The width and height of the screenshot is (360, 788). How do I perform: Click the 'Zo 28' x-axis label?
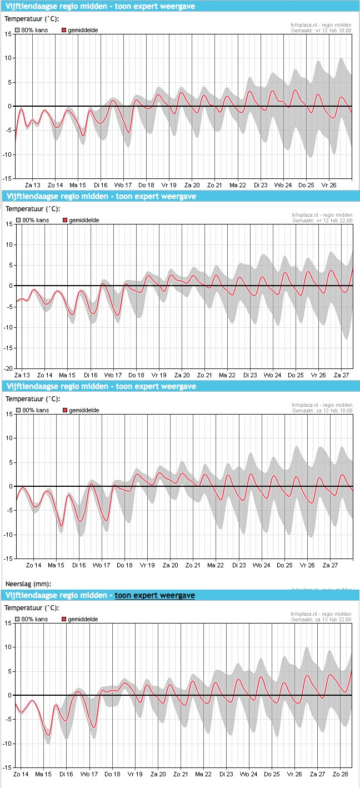point(341,774)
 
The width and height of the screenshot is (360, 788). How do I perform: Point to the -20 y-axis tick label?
point(8,368)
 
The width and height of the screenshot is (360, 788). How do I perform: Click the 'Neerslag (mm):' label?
point(28,583)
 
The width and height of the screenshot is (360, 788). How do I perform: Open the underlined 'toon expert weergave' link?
point(154,595)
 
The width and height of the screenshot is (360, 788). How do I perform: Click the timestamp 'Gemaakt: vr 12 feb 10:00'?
point(321,31)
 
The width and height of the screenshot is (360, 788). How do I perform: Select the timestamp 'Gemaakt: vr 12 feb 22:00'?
point(322,221)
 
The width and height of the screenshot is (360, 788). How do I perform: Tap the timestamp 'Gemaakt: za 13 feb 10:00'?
point(322,411)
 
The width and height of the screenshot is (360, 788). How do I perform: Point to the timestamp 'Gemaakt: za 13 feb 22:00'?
point(321,620)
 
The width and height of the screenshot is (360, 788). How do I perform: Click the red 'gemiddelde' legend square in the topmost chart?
point(64,30)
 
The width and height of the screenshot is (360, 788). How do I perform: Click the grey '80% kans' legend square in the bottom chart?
point(17,619)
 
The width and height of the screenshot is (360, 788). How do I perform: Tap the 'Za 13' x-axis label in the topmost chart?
point(33,185)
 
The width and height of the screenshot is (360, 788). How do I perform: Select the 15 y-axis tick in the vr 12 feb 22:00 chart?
point(9,224)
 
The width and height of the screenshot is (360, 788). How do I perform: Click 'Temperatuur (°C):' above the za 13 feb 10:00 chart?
point(33,399)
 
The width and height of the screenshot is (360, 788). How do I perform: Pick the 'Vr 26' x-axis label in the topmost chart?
point(329,185)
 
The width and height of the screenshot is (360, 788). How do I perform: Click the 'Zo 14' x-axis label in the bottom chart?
point(21,774)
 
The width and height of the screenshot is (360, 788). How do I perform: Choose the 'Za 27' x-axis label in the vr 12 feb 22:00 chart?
point(341,375)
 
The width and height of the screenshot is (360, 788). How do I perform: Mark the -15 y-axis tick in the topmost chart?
point(7,178)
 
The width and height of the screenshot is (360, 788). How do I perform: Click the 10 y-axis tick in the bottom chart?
point(8,647)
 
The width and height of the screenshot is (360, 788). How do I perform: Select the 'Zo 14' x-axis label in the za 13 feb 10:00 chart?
point(34,565)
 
